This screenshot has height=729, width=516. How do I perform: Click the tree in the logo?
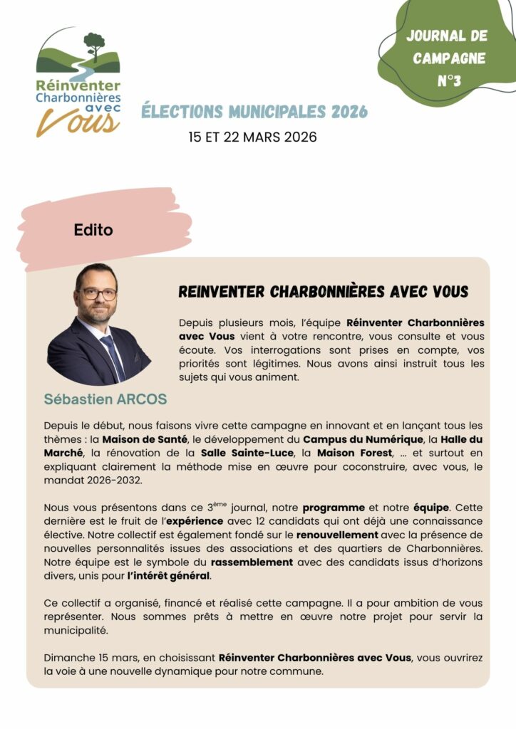pos(93,44)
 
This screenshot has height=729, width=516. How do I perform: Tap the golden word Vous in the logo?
pos(78,122)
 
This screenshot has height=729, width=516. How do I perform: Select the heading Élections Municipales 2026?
pos(254,112)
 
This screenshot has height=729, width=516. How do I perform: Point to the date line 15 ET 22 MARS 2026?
pos(252,137)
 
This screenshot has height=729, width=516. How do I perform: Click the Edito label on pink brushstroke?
pos(93,230)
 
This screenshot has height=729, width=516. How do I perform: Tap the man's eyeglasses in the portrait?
pos(98,293)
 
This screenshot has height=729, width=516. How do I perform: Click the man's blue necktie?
pos(113,355)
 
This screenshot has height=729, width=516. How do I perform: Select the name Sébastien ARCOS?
pos(105,399)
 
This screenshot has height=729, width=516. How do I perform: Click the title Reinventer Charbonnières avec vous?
pos(323,292)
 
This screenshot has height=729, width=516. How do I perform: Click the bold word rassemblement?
pos(252,562)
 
